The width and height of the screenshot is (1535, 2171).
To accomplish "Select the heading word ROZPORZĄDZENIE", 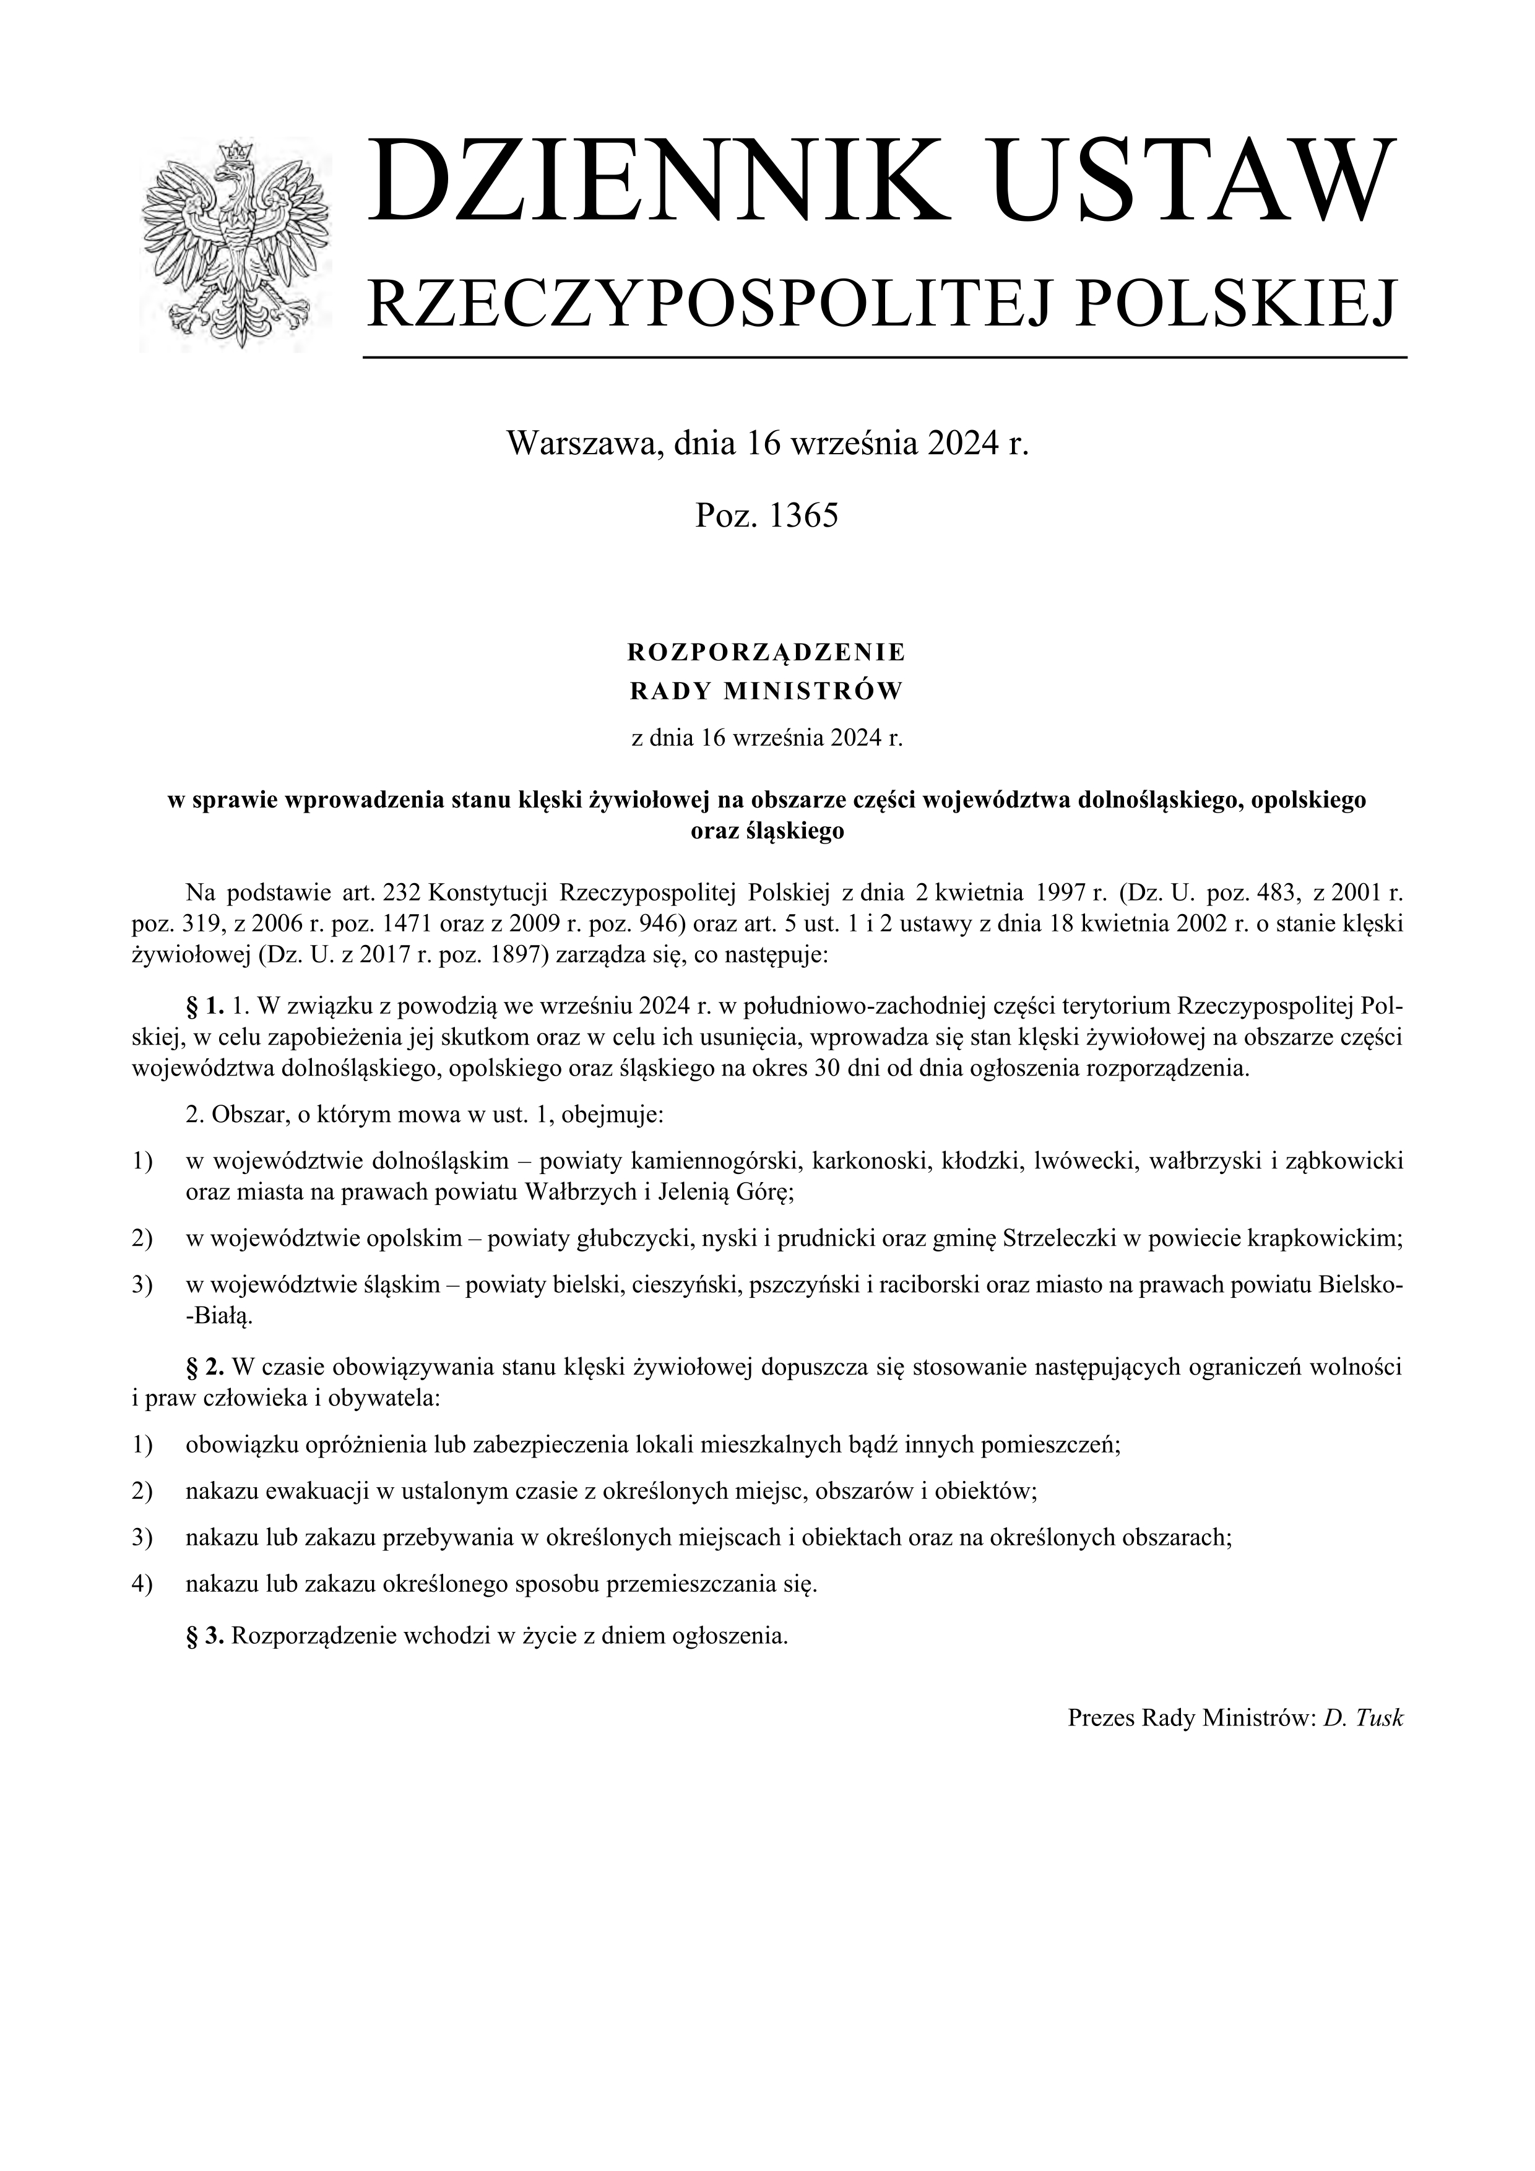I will [x=767, y=652].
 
